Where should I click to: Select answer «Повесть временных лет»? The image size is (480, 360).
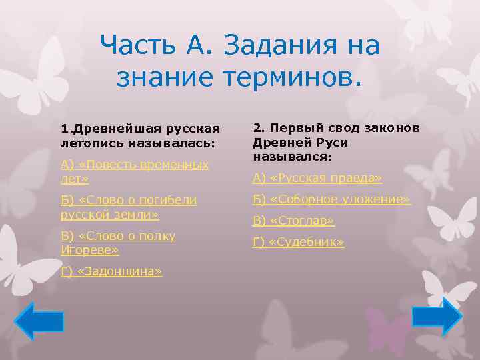point(134,171)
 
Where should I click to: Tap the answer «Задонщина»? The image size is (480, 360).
point(111,271)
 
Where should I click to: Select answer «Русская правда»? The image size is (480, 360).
point(317,178)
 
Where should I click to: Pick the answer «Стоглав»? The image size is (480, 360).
point(293,221)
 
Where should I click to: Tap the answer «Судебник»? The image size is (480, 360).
point(298,242)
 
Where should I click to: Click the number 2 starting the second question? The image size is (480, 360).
point(257,129)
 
